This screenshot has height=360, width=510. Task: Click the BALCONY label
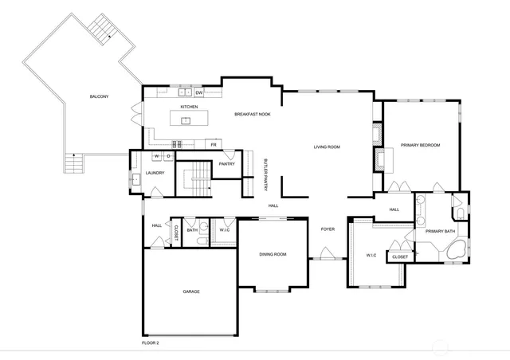pyautogui.click(x=99, y=97)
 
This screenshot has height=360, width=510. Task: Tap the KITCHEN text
pyautogui.click(x=189, y=107)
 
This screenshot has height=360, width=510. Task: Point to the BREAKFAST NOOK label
pyautogui.click(x=252, y=115)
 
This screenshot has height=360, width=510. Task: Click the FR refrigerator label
pyautogui.click(x=214, y=145)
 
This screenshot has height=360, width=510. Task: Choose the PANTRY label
pyautogui.click(x=226, y=165)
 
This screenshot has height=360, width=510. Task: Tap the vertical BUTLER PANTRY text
pyautogui.click(x=265, y=174)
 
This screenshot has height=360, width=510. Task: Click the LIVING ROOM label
pyautogui.click(x=327, y=147)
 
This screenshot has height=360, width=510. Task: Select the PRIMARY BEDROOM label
pyautogui.click(x=420, y=145)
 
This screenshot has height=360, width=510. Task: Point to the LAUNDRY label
pyautogui.click(x=155, y=173)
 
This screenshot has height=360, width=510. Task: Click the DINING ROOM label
pyautogui.click(x=273, y=255)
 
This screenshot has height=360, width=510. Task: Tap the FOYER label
pyautogui.click(x=328, y=229)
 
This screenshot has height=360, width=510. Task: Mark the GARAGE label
pyautogui.click(x=191, y=292)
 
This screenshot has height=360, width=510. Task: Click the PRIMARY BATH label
pyautogui.click(x=440, y=231)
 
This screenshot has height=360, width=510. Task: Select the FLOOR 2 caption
pyautogui.click(x=151, y=342)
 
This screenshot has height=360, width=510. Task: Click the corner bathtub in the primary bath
pyautogui.click(x=457, y=250)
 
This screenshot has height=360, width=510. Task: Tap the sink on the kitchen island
pyautogui.click(x=186, y=121)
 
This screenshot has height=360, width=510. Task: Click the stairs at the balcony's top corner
pyautogui.click(x=103, y=29)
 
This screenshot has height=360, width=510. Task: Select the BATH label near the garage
pyautogui.click(x=192, y=230)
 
